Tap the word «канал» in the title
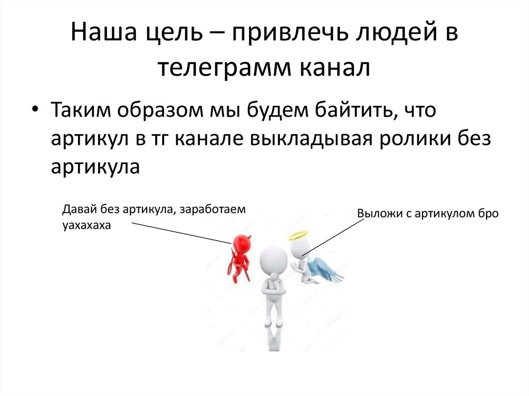point(335,68)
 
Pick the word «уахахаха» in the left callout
point(86,226)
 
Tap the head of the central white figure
point(272,258)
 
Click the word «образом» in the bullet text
point(150,110)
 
